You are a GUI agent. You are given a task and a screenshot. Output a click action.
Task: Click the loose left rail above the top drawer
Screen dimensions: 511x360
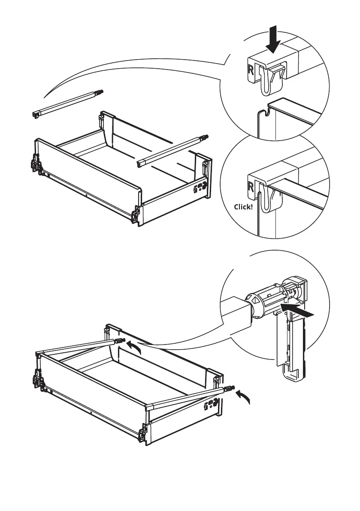[67, 103]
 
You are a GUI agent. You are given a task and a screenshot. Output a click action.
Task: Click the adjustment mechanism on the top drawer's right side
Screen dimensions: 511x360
[201, 187]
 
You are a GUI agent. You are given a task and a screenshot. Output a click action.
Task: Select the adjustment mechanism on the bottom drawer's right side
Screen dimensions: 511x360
[212, 403]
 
